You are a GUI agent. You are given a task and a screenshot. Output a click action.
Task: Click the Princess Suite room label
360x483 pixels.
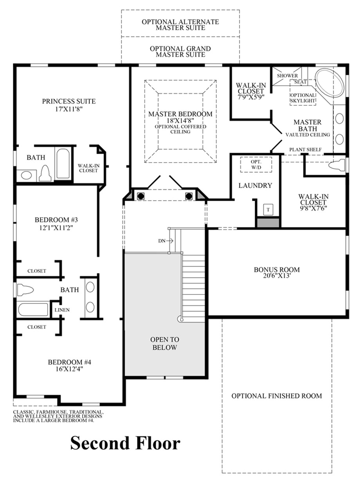(69, 101)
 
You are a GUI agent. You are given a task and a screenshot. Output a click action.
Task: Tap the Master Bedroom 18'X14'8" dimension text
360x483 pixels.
(180, 121)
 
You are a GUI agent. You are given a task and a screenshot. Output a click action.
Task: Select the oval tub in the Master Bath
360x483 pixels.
(329, 83)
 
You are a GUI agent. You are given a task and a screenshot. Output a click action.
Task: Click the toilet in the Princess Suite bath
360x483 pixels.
(45, 173)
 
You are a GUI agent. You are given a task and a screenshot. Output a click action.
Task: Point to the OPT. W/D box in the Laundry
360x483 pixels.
(256, 165)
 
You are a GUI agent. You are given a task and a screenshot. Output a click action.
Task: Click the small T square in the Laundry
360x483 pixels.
(268, 209)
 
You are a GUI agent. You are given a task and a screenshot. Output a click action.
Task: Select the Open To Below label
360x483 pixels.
(165, 344)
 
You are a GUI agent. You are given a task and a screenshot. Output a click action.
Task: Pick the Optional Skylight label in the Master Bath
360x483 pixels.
(302, 98)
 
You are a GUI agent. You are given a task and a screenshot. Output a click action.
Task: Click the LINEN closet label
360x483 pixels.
(62, 310)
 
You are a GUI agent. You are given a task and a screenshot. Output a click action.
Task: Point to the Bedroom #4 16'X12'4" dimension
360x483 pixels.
(70, 369)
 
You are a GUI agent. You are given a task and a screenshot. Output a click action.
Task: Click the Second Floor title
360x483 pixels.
(125, 443)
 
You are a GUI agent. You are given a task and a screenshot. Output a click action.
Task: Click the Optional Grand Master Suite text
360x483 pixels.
(180, 52)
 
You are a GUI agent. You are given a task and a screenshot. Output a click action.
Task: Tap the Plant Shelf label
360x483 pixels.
(306, 150)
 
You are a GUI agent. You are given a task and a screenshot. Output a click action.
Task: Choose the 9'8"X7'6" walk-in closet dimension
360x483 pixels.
(313, 208)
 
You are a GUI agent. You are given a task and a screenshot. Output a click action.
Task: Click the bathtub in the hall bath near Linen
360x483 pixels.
(33, 309)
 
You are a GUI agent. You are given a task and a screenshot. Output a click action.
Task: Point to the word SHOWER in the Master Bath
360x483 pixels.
(288, 76)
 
